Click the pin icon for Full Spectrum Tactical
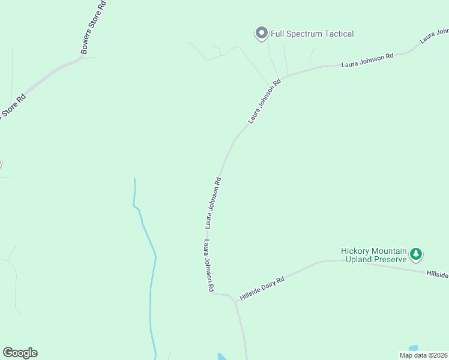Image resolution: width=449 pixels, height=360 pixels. pyautogui.click(x=261, y=34)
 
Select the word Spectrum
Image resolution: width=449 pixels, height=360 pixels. pyautogui.click(x=305, y=34)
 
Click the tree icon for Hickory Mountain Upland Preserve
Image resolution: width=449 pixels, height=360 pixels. pyautogui.click(x=415, y=255)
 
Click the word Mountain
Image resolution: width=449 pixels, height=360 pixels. pyautogui.click(x=390, y=251)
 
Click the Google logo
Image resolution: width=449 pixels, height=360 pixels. pyautogui.click(x=20, y=353)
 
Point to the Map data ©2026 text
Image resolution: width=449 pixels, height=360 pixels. pyautogui.click(x=424, y=355)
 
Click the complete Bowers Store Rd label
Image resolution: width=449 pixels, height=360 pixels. pyautogui.click(x=94, y=28)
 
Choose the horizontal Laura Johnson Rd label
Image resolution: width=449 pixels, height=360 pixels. pyautogui.click(x=367, y=59)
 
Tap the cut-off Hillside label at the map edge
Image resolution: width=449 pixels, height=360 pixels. pyautogui.click(x=438, y=274)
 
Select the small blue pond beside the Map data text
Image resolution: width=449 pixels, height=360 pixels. pyautogui.click(x=413, y=349)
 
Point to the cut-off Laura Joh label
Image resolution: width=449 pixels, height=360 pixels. pyautogui.click(x=434, y=35)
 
